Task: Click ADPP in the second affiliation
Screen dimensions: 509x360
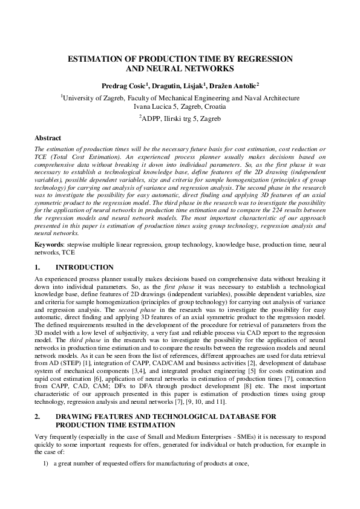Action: (153, 118)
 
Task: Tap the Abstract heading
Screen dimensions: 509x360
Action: (48, 138)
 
